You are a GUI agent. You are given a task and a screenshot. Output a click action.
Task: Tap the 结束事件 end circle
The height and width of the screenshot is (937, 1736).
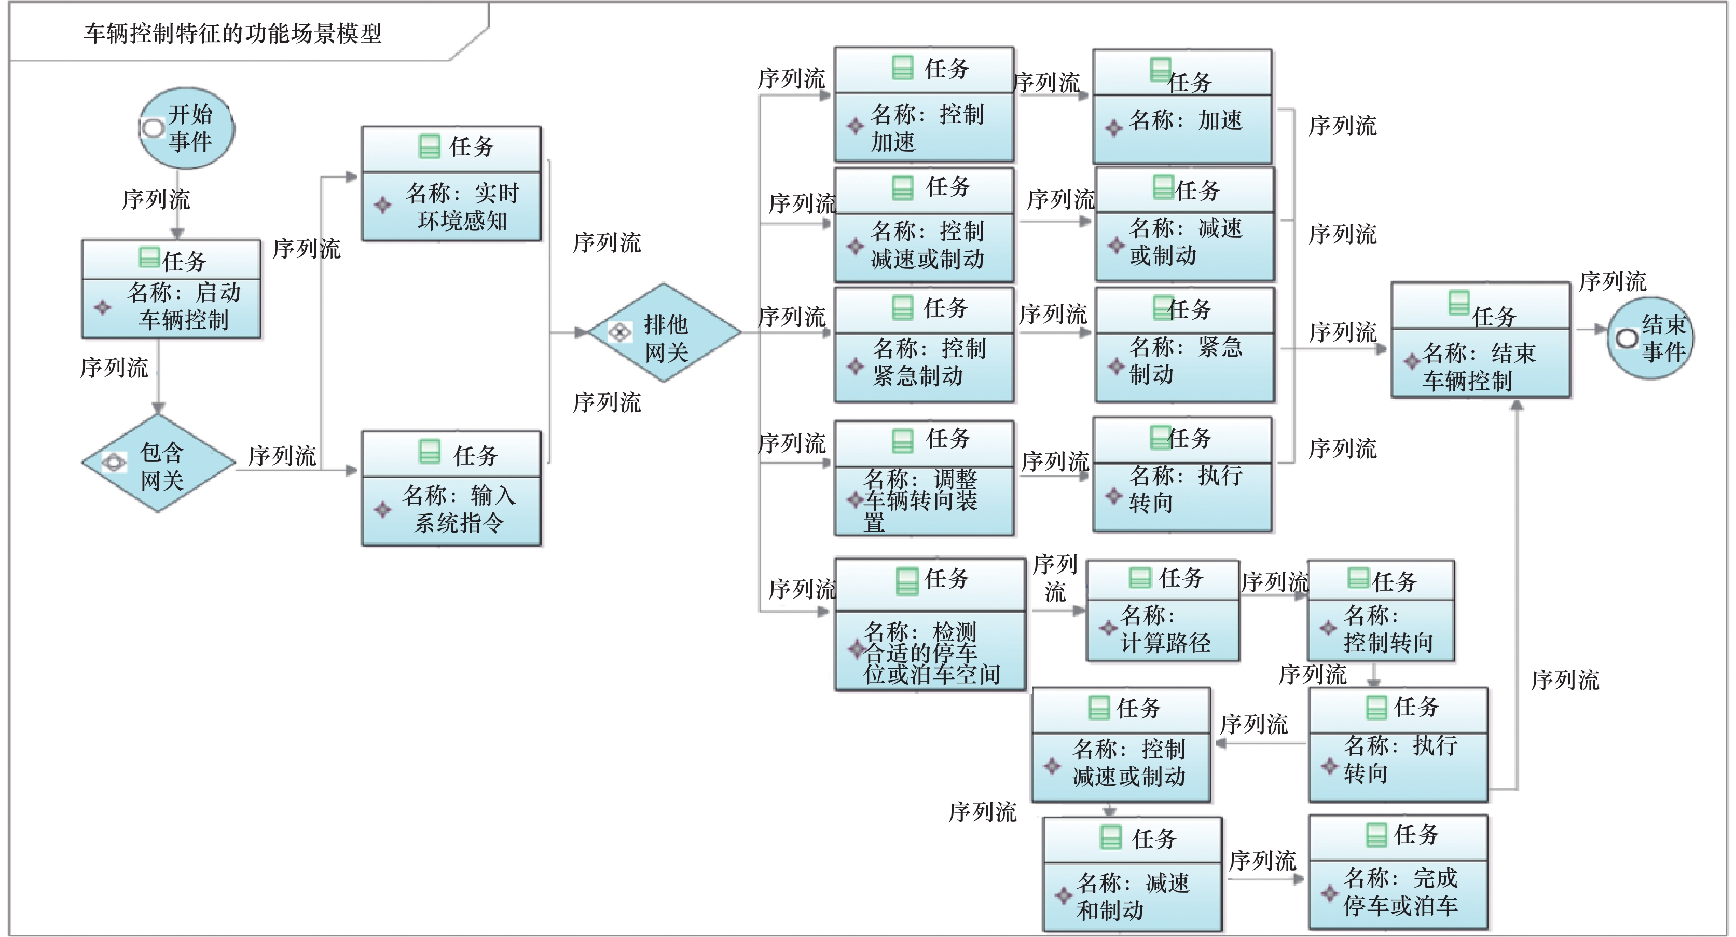pos(1650,338)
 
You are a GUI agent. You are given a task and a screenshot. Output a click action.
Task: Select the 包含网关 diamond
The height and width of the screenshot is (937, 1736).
pos(158,463)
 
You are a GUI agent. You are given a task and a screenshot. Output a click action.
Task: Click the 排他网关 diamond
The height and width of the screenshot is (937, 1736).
pos(665,332)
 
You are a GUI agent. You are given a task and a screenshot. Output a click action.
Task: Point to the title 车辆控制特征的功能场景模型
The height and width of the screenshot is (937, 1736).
pos(232,33)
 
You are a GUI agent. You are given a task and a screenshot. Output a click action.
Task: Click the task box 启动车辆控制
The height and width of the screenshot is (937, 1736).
pos(171,289)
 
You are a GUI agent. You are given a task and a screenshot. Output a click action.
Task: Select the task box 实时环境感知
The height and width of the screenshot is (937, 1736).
pos(451,183)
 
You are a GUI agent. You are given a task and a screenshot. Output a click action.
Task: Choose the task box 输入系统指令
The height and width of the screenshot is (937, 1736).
pos(451,488)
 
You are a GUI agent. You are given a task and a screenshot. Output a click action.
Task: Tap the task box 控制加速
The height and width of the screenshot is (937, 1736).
pos(925,104)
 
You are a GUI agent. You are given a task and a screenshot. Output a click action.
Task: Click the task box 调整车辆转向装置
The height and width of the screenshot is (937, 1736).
pos(925,478)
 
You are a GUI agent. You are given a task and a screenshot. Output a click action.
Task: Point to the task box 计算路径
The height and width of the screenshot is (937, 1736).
pos(1163,610)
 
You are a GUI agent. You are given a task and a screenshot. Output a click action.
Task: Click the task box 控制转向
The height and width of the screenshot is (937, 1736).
pos(1381,610)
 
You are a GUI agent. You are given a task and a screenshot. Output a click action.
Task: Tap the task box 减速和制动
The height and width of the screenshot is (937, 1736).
pos(1133,874)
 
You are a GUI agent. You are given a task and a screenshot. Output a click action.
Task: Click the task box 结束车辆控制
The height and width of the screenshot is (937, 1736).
pos(1481,340)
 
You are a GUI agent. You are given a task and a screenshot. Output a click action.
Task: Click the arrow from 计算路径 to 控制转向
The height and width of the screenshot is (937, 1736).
pos(1274,596)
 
